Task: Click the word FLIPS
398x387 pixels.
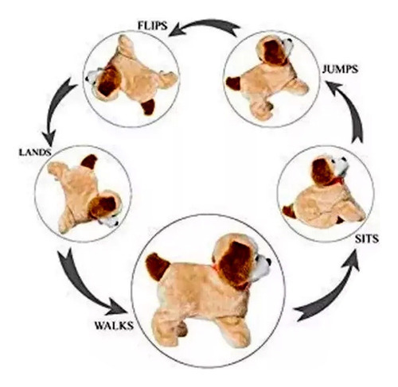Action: [153, 25]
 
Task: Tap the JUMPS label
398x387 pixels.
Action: [340, 69]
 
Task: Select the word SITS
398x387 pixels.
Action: [367, 239]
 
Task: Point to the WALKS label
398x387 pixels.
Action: [114, 325]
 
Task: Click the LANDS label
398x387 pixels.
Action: [35, 153]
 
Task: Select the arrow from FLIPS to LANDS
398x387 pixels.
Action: [57, 109]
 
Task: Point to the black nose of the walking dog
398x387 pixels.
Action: [268, 262]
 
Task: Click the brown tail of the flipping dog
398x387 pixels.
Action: [148, 107]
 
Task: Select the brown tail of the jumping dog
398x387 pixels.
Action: [233, 83]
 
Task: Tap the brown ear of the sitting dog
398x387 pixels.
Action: [323, 172]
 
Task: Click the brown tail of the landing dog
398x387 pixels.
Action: [89, 161]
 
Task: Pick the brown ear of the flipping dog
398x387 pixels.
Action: [108, 82]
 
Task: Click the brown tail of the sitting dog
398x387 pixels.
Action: [289, 212]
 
